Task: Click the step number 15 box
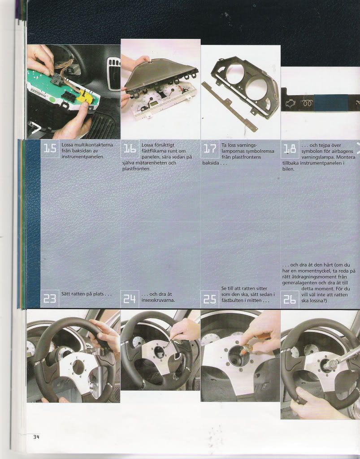(50, 149)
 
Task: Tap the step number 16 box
(130, 149)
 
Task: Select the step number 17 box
(210, 149)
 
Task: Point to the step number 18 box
(290, 149)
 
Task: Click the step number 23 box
(50, 299)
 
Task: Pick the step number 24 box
(130, 299)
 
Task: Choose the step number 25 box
(210, 299)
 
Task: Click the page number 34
(36, 437)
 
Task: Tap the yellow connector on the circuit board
(86, 97)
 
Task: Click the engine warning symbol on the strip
(291, 103)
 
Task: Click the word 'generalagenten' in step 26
(299, 283)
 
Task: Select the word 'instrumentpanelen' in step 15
(83, 156)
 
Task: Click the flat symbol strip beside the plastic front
(230, 107)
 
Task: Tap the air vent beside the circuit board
(113, 73)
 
